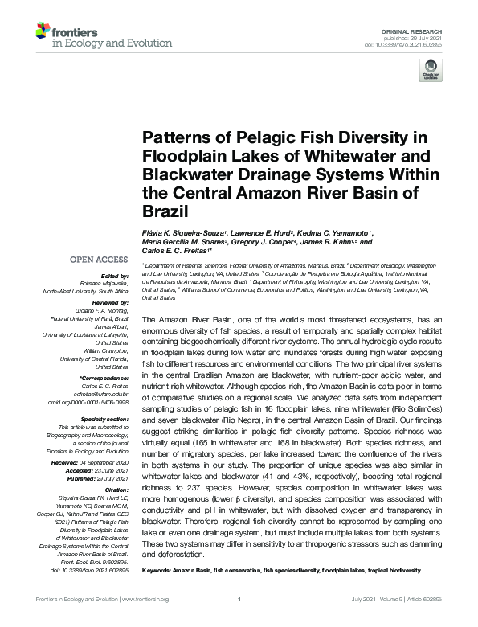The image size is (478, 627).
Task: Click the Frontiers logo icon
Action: point(43,32)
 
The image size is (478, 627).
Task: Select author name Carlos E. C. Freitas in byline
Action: point(180,249)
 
